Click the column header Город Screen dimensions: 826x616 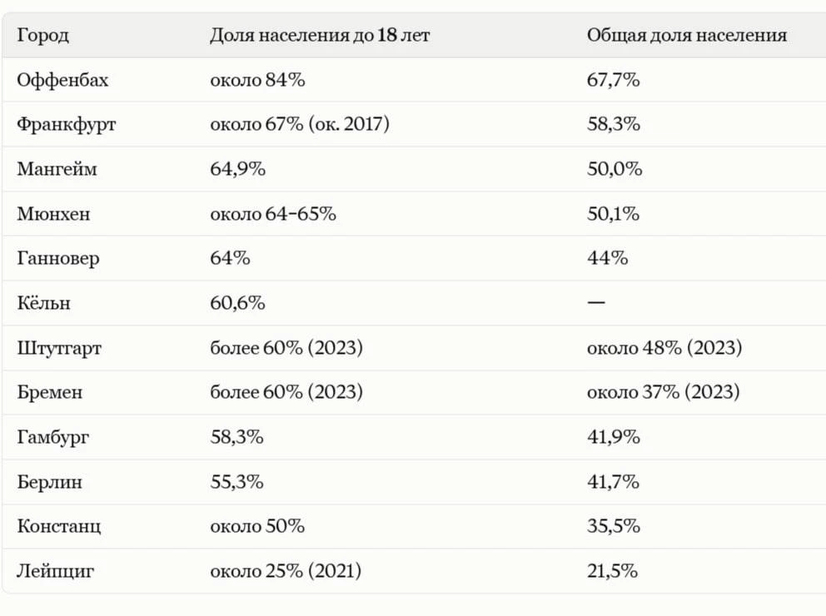(42, 35)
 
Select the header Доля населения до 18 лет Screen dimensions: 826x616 (320, 35)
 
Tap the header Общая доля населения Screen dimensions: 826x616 (687, 35)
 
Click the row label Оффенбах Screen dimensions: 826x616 (62, 80)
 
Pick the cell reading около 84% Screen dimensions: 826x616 (257, 80)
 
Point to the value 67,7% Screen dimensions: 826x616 (614, 80)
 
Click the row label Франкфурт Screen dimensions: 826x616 (67, 125)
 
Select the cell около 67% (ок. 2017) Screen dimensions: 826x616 (300, 124)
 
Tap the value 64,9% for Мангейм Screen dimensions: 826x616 (237, 169)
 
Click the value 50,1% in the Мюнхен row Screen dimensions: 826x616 (613, 214)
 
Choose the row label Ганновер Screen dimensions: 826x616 (58, 259)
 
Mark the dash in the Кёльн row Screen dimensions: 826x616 (596, 302)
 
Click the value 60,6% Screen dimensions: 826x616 (237, 303)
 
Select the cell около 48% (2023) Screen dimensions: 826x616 (664, 347)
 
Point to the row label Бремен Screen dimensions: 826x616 (49, 392)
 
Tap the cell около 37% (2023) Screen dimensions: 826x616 (664, 392)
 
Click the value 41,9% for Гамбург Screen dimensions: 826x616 (614, 437)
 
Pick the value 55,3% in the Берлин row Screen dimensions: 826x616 (237, 482)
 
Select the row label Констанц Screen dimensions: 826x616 (58, 526)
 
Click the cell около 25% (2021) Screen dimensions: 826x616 (286, 571)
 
